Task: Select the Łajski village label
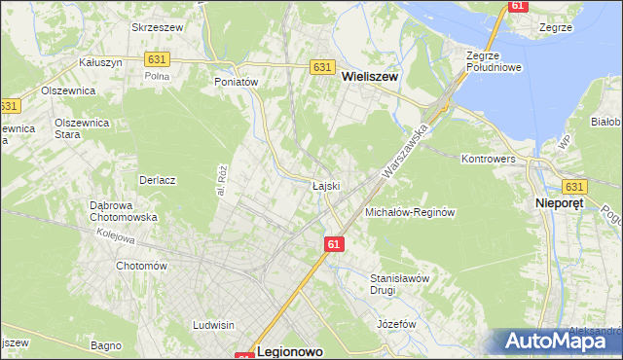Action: pyautogui.click(x=325, y=186)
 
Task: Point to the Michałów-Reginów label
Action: pyautogui.click(x=410, y=211)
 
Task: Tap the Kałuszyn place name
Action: pyautogui.click(x=99, y=61)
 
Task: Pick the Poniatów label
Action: pyautogui.click(x=236, y=83)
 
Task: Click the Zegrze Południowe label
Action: pyautogui.click(x=495, y=61)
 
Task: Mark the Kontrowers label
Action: pyautogui.click(x=488, y=158)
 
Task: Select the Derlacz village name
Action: pyautogui.click(x=156, y=180)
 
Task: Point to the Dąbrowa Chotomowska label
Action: pyautogui.click(x=124, y=211)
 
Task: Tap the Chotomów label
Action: pyautogui.click(x=142, y=266)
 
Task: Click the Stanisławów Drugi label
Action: pyautogui.click(x=399, y=283)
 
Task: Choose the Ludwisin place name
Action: pyautogui.click(x=214, y=325)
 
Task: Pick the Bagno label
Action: pyautogui.click(x=104, y=345)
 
